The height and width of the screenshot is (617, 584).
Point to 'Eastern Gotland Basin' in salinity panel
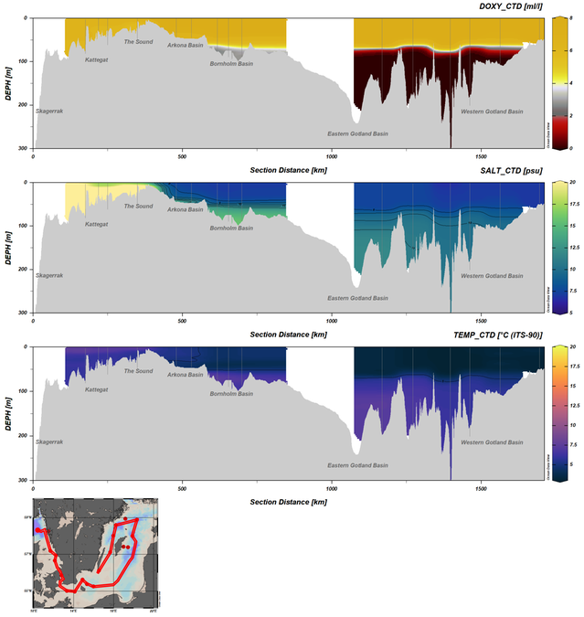tap(357, 298)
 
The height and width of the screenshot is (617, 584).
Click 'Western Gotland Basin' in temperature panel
tap(492, 442)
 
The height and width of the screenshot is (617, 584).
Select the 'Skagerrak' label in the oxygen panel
tap(49, 111)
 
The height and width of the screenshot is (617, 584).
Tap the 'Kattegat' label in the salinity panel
tap(98, 224)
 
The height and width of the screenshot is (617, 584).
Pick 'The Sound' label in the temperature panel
tap(138, 371)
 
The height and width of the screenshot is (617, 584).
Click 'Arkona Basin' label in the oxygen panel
tap(186, 44)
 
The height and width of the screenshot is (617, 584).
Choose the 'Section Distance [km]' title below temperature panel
tap(288, 502)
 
